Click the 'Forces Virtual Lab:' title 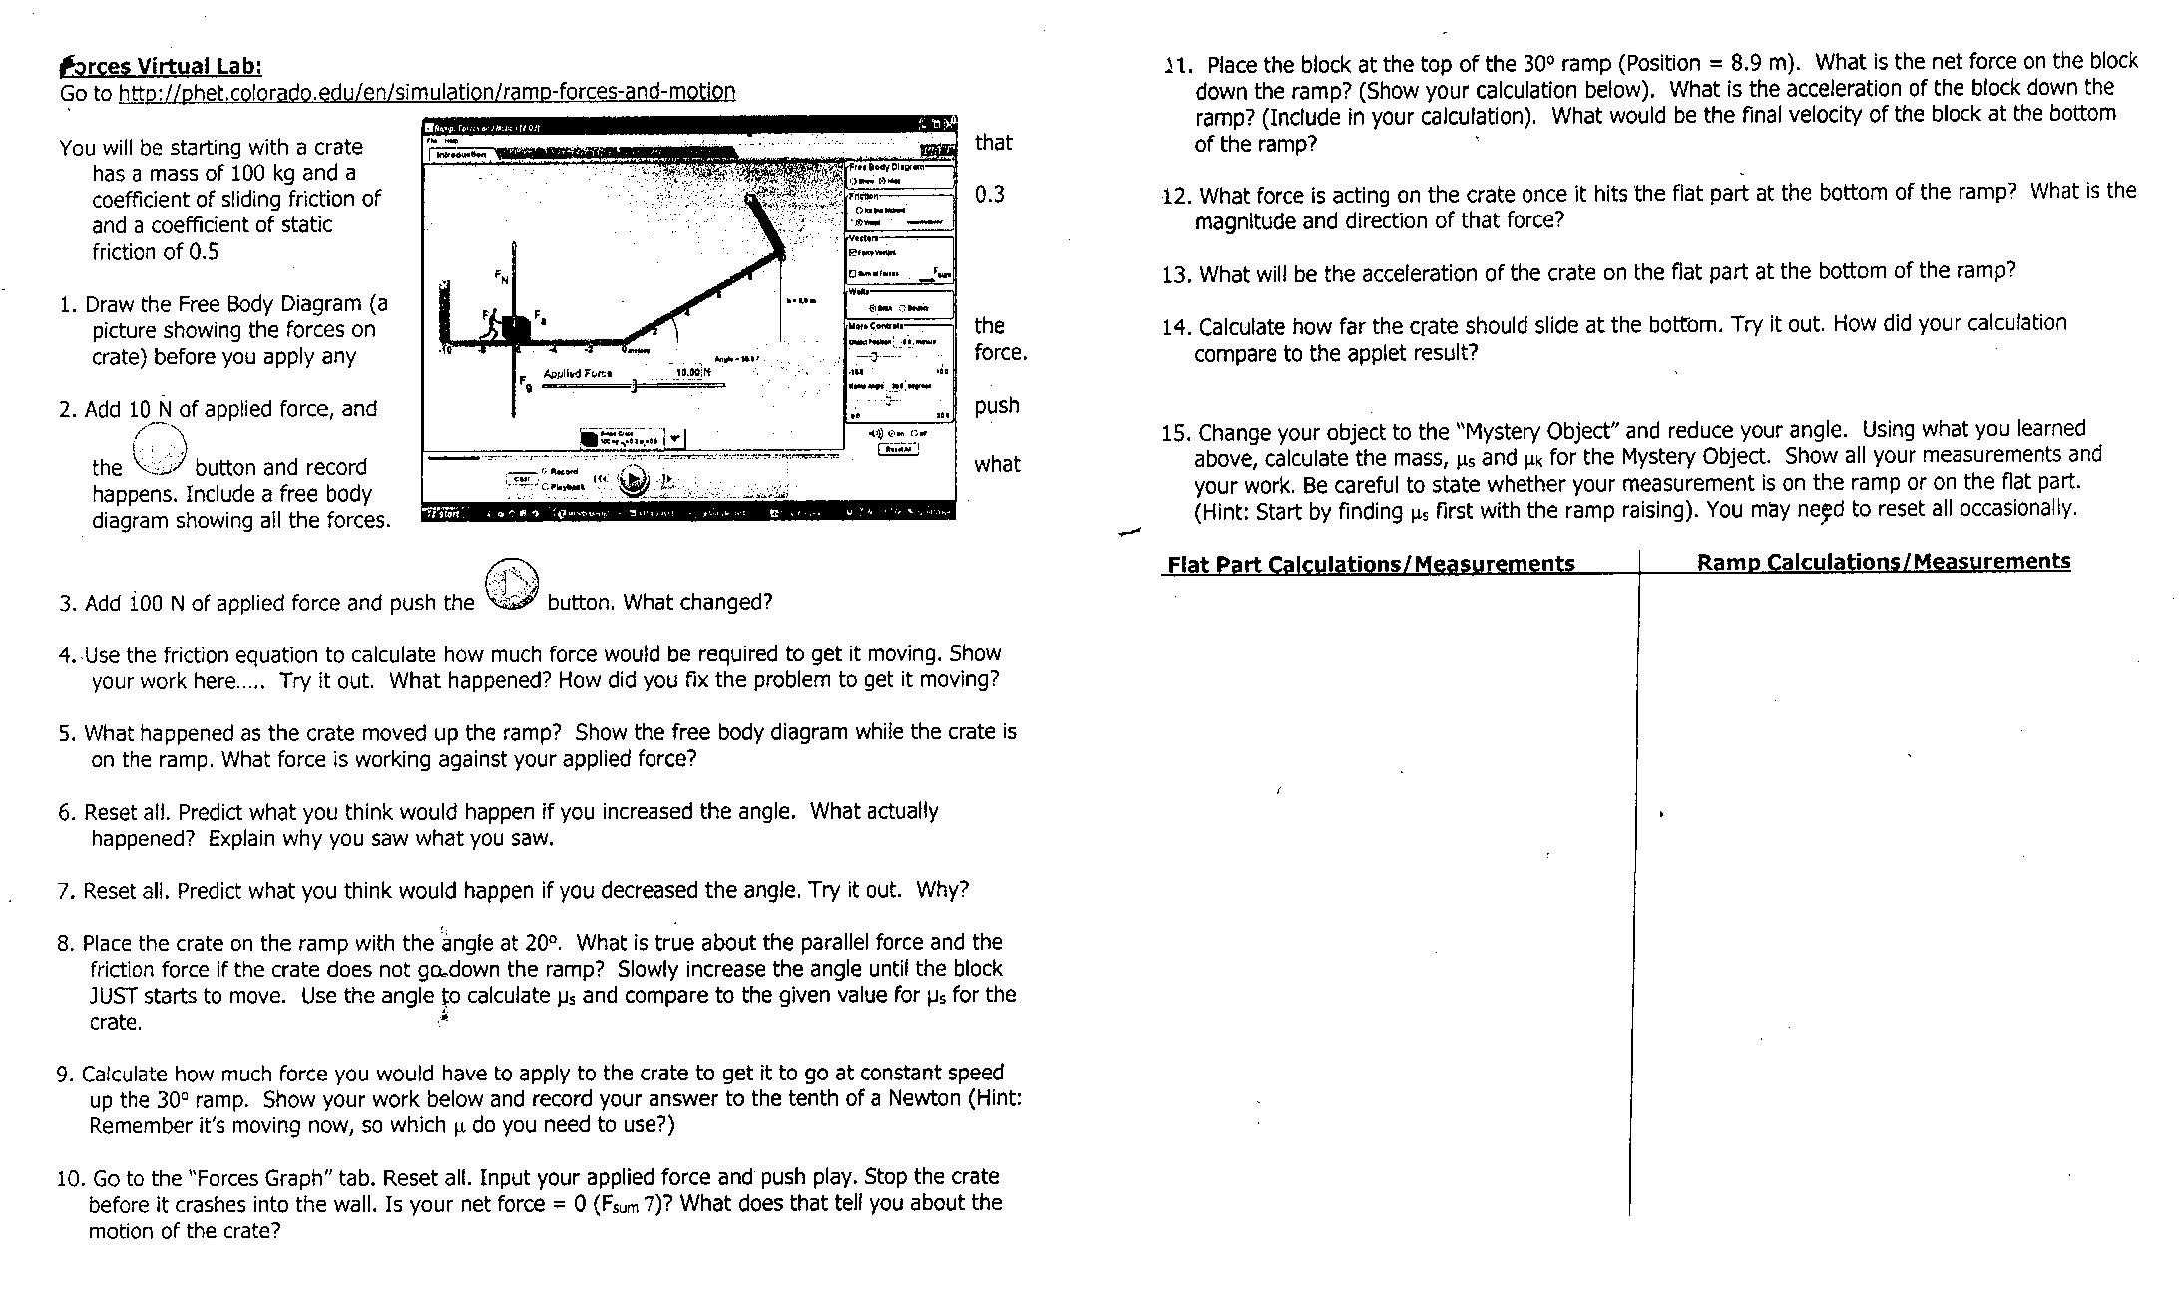click(161, 66)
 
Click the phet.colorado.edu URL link click(426, 92)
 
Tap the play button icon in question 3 click(511, 584)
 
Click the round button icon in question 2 click(160, 450)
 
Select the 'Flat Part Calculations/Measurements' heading click(1370, 564)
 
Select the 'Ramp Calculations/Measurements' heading click(1883, 561)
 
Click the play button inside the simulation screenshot click(633, 481)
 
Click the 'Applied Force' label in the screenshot click(577, 373)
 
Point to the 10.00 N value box click(692, 372)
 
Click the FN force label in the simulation click(501, 276)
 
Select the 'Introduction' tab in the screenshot click(461, 155)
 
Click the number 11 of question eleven click(1177, 66)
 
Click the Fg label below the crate click(525, 382)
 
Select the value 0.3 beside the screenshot click(989, 194)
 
